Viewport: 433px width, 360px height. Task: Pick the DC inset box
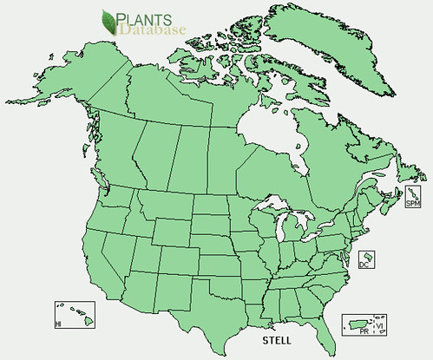click(367, 259)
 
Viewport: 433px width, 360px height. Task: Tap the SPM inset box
click(413, 198)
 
